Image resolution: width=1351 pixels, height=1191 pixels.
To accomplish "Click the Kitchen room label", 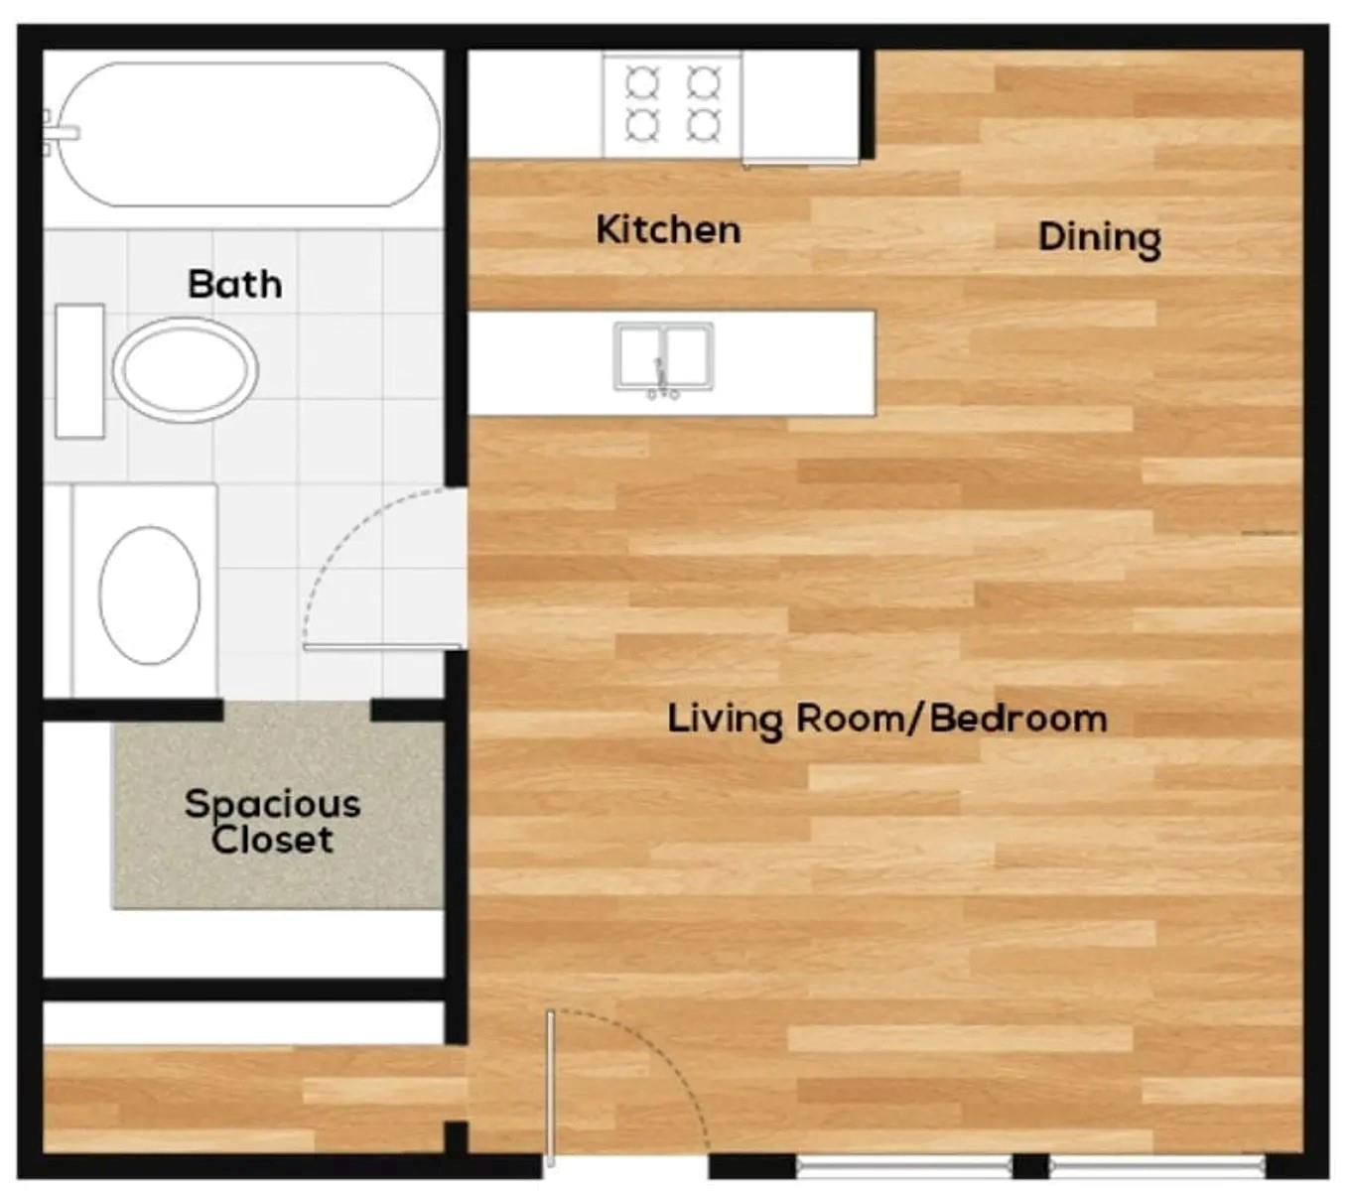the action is [x=667, y=229].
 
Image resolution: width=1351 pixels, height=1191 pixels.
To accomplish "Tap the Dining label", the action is [x=1099, y=238].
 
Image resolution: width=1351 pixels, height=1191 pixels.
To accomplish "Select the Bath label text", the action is [x=234, y=284].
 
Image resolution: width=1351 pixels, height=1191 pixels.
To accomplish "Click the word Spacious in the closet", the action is [x=273, y=806].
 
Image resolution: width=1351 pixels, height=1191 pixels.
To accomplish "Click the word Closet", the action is [x=272, y=840].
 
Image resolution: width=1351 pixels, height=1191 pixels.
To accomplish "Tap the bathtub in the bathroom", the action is [x=249, y=135].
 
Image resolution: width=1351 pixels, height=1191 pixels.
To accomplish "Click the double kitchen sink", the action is [x=663, y=356].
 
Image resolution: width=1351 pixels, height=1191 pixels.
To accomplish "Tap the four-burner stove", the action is [x=672, y=107].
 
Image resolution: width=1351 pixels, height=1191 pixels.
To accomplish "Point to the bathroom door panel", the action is [x=383, y=647].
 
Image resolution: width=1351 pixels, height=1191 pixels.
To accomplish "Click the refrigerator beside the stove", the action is [x=800, y=108].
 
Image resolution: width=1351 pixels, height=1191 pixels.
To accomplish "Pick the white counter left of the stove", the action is [x=535, y=104].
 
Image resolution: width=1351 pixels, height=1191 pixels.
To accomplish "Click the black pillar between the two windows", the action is [x=1031, y=1166].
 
